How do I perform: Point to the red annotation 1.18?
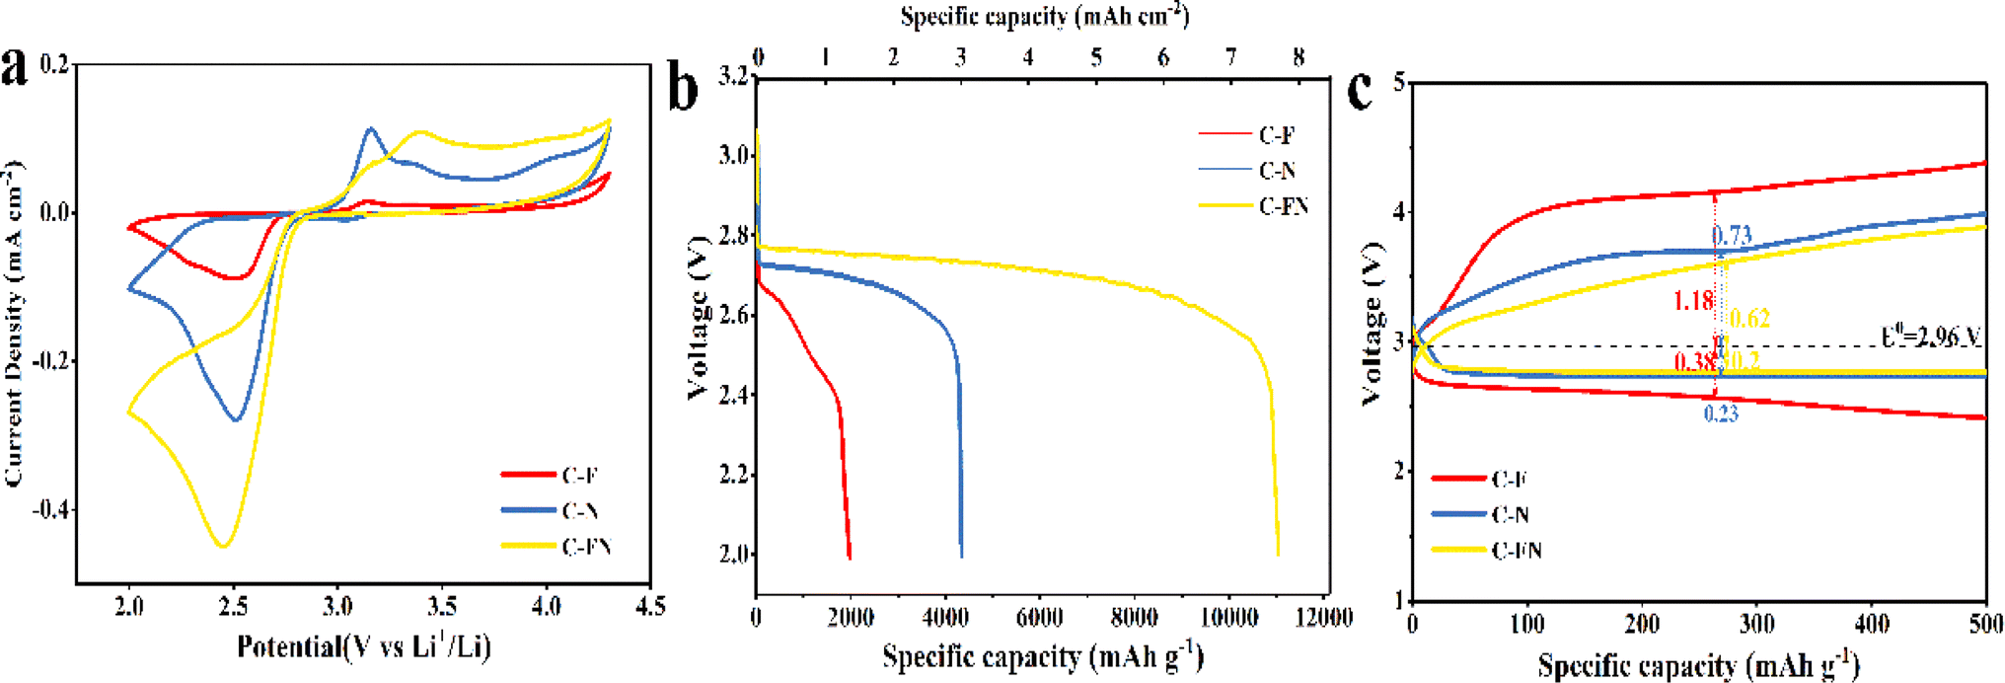click(1693, 300)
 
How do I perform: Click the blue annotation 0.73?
click(1732, 235)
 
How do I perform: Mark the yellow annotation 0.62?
click(1749, 318)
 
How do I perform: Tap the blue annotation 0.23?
click(1721, 414)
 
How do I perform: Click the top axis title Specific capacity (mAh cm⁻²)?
click(1044, 16)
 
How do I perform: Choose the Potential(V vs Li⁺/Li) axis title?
click(363, 646)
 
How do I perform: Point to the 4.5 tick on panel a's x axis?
click(649, 605)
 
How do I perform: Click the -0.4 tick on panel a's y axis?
click(51, 509)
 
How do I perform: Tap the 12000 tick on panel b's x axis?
click(1322, 618)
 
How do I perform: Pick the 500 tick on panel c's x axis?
click(1985, 623)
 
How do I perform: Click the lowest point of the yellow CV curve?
click(224, 546)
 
